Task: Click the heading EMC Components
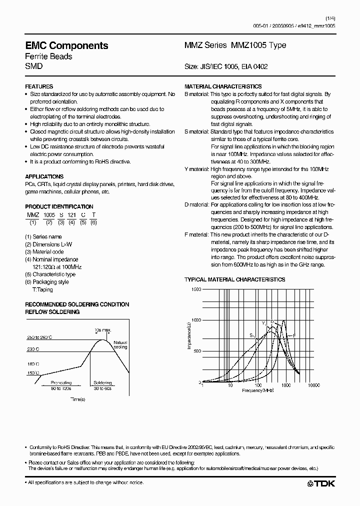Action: (66, 45)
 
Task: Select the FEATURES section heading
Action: (39, 86)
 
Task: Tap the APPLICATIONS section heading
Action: (44, 176)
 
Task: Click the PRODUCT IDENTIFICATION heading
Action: (59, 206)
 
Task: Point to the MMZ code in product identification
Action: (32, 214)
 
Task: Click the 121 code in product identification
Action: (72, 214)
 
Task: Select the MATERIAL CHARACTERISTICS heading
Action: (223, 86)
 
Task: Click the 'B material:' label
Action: (196, 94)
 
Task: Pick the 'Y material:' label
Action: (196, 169)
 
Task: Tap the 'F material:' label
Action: (196, 235)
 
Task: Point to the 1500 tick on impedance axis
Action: (195, 289)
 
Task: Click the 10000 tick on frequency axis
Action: (313, 385)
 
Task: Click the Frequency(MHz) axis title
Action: (258, 389)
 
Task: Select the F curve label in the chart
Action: (294, 335)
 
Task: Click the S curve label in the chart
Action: (251, 335)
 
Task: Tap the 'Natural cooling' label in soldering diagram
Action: (120, 344)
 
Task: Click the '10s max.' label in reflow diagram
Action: (103, 330)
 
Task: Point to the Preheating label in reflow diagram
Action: (61, 383)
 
